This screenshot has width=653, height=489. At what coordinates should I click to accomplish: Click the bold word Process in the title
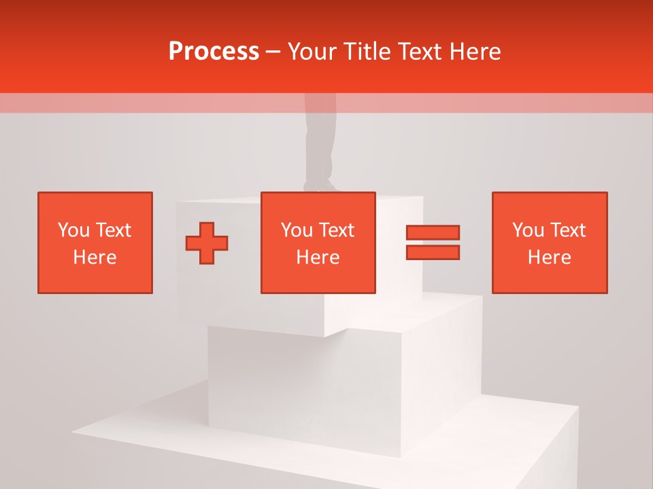(214, 52)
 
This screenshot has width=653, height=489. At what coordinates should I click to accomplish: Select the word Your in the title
(312, 52)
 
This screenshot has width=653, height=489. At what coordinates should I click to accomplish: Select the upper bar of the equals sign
(433, 233)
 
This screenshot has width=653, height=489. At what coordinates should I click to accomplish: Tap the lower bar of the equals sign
(433, 253)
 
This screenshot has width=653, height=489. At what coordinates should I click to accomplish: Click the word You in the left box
(73, 230)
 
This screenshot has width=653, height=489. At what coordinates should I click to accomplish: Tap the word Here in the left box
(95, 257)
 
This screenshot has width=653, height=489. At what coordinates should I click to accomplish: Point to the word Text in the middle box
(337, 230)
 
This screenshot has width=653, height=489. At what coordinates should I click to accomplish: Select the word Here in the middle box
(318, 257)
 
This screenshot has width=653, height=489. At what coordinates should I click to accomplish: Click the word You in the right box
(528, 230)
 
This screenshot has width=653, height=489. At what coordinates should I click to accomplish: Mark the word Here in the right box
(550, 257)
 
